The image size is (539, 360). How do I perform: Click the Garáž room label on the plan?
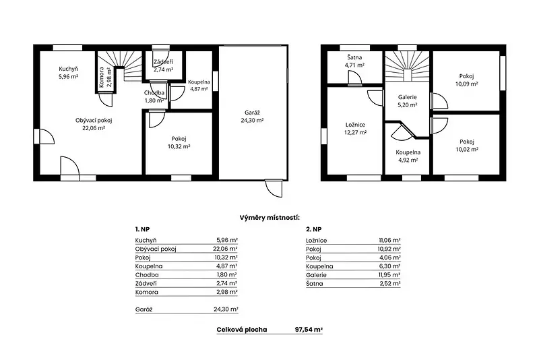pos(252,113)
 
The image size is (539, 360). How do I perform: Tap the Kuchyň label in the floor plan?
pos(68,69)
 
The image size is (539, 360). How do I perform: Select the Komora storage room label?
pos(102,77)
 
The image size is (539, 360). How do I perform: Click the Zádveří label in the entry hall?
pos(163,62)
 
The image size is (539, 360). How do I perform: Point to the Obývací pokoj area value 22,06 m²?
pos(94,128)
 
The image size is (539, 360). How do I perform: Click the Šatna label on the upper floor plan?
pos(354,57)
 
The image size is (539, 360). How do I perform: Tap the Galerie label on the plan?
pos(408,97)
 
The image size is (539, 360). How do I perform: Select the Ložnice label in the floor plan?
pos(355,125)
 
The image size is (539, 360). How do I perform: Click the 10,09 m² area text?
pos(466,84)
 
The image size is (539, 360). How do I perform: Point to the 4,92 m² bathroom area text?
pos(408,160)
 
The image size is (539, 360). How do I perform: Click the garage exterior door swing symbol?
pos(274,187)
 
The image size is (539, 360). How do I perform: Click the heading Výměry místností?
pos(269,218)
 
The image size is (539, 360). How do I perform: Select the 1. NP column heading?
pos(142,229)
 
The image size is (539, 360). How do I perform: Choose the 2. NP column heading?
pos(313,229)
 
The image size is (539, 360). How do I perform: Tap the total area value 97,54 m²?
pos(309,330)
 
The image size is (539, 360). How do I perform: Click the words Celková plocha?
pos(242,330)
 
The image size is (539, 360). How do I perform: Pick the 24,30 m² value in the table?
pos(226,309)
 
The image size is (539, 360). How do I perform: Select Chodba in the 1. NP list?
pos(147,275)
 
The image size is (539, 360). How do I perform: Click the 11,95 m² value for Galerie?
pos(389,275)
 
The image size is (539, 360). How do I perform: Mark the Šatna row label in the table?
pos(314,284)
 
